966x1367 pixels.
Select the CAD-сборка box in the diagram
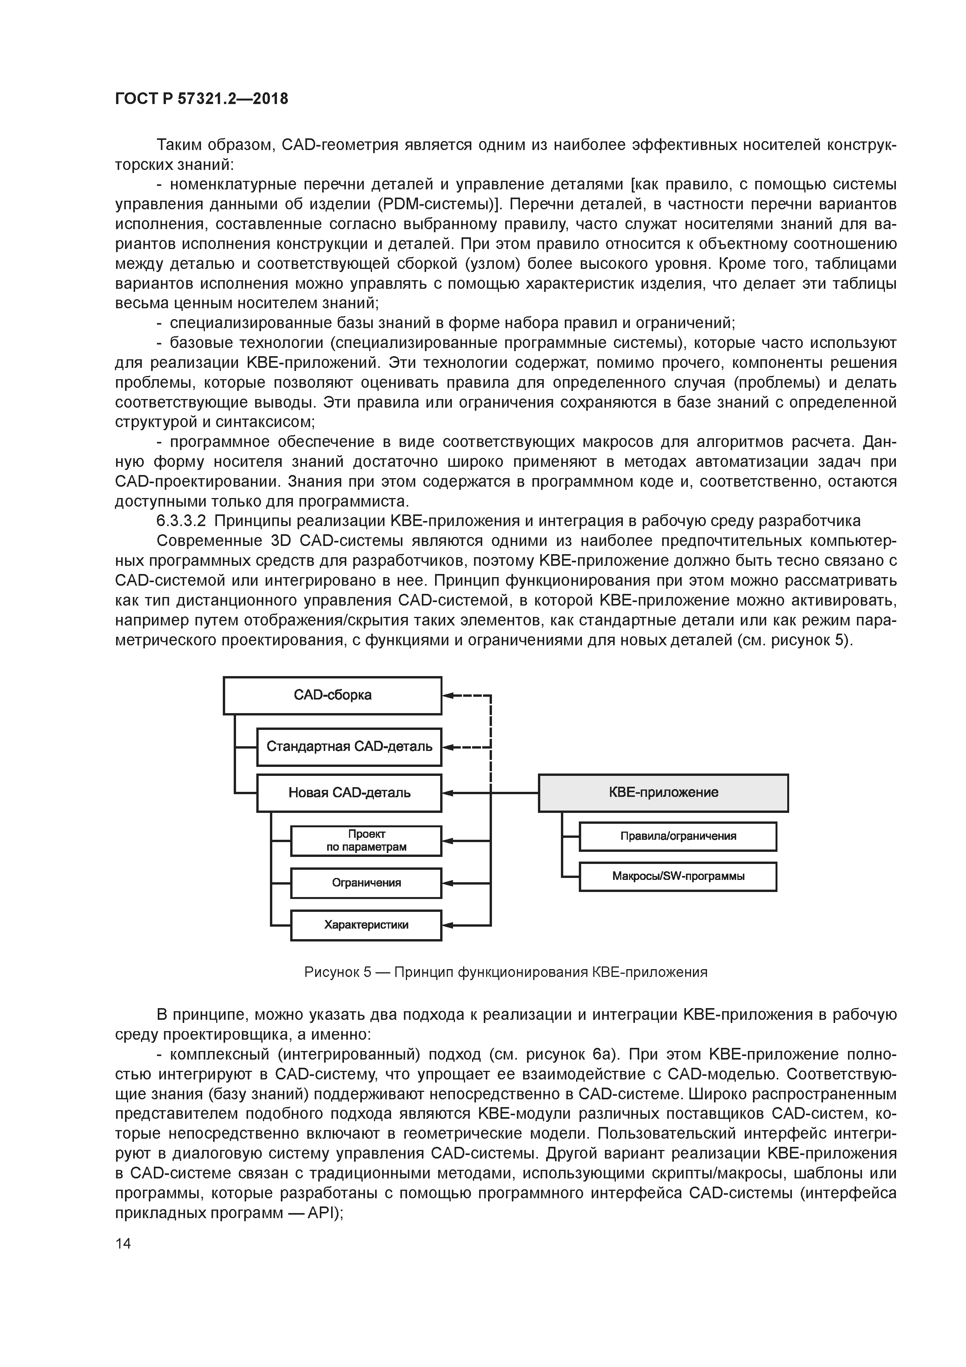pos(332,696)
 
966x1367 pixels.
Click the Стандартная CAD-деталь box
pos(349,747)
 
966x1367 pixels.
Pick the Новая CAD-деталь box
pos(349,793)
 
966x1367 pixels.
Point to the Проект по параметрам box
pos(366,841)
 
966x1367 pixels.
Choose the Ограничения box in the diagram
pos(366,882)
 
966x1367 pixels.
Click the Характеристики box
pos(366,925)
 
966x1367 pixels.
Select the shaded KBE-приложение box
pos(663,793)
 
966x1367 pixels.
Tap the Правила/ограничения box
pos(678,836)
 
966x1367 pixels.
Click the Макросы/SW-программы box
pos(678,876)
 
